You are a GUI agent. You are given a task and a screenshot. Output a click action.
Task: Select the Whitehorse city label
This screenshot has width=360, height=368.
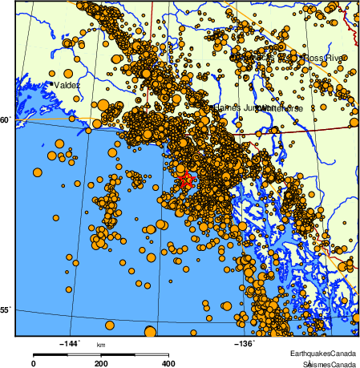281,107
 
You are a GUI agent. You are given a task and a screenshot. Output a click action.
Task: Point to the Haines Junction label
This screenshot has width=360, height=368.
237,107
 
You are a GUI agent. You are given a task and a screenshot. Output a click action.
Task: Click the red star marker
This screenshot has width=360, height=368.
186,179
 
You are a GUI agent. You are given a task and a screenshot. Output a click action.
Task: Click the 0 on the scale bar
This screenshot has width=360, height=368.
33,363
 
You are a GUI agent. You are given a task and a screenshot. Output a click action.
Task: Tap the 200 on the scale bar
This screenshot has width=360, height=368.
101,363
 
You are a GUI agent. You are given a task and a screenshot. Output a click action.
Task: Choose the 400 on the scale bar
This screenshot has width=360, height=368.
169,363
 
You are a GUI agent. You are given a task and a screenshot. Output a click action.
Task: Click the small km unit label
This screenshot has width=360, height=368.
101,346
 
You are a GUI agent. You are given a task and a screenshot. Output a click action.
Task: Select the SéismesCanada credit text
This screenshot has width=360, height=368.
324,362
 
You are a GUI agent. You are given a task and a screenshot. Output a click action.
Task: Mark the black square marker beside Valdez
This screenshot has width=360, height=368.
51,83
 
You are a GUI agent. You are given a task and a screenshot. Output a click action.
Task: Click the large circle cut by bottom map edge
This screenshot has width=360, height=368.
150,332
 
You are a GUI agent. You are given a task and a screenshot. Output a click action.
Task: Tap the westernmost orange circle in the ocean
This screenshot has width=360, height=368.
36,172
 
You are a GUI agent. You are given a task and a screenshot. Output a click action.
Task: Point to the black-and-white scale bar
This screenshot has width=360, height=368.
101,354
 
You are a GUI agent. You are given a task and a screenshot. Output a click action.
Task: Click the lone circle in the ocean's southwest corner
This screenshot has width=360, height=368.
56,216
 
